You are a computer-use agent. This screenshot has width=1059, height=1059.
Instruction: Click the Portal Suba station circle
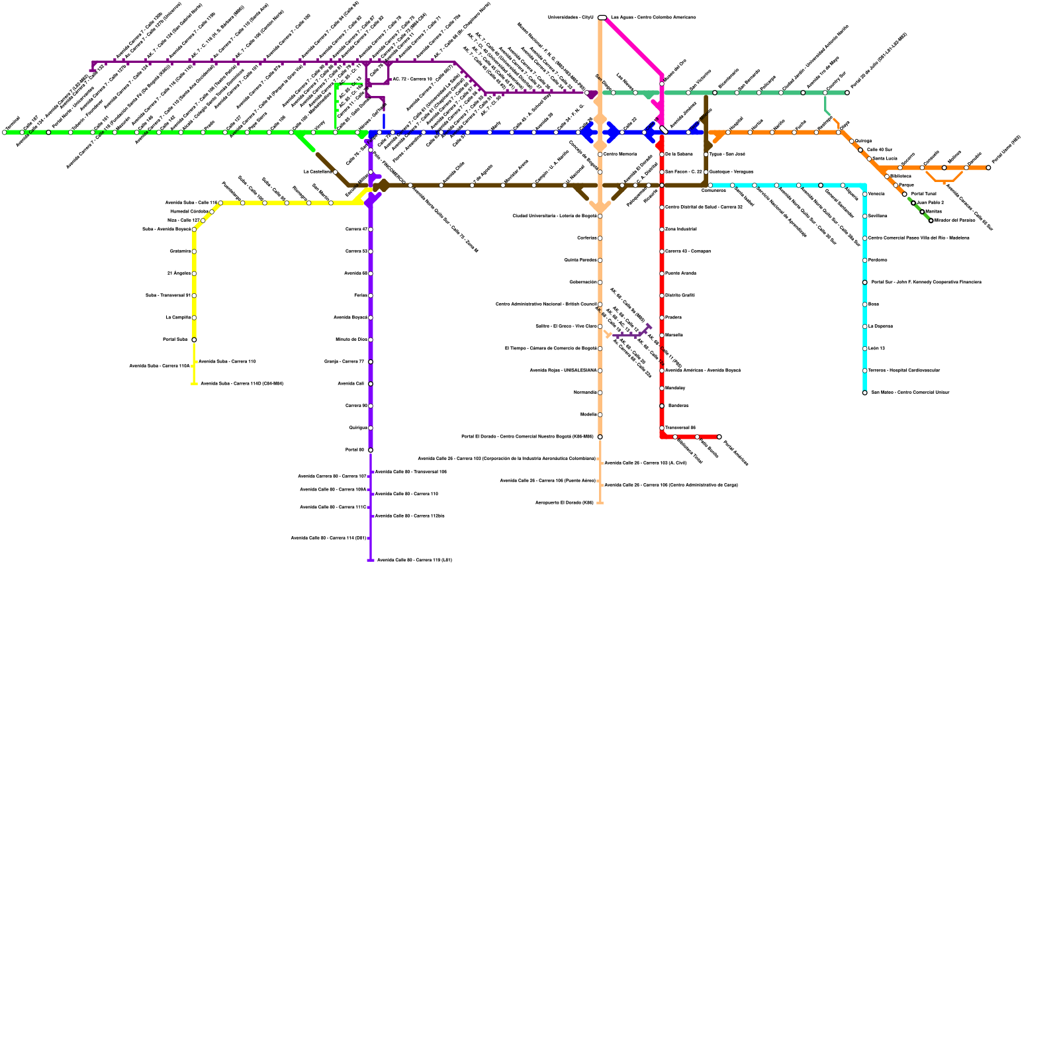pyautogui.click(x=194, y=340)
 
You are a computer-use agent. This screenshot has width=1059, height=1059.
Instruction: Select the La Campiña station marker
pyautogui.click(x=194, y=318)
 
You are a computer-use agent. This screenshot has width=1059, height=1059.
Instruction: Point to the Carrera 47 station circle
pyautogui.click(x=370, y=229)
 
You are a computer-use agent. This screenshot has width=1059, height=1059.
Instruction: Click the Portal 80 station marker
pyautogui.click(x=370, y=450)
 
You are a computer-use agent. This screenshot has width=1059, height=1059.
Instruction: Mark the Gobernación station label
pyautogui.click(x=582, y=282)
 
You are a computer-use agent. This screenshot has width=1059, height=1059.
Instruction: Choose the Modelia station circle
pyautogui.click(x=600, y=414)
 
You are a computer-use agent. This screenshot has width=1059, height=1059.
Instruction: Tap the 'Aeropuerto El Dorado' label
pyautogui.click(x=564, y=502)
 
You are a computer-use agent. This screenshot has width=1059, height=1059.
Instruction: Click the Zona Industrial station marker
pyautogui.click(x=662, y=229)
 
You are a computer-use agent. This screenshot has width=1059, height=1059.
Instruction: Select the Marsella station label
pyautogui.click(x=674, y=335)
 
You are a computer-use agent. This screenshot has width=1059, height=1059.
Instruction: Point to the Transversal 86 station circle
pyautogui.click(x=662, y=428)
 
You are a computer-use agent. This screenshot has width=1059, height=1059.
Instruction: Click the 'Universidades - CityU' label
pyautogui.click(x=571, y=17)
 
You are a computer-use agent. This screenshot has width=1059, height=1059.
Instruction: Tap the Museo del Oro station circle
pyautogui.click(x=662, y=83)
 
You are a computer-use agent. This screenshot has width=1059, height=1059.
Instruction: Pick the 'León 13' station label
pyautogui.click(x=876, y=348)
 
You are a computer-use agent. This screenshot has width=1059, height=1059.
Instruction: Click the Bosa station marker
pyautogui.click(x=864, y=304)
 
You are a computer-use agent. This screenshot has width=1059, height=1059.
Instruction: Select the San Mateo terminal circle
pyautogui.click(x=864, y=392)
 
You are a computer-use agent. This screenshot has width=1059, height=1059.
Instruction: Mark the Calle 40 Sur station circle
pyautogui.click(x=860, y=150)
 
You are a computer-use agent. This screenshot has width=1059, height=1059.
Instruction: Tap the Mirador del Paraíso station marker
pyautogui.click(x=931, y=220)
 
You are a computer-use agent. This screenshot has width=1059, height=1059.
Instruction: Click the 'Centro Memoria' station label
pyautogui.click(x=620, y=154)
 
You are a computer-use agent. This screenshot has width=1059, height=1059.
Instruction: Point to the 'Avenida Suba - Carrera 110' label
pyautogui.click(x=227, y=361)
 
